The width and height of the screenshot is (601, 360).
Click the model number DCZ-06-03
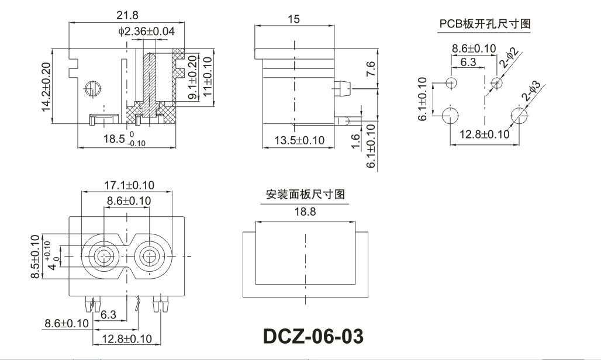point(313,336)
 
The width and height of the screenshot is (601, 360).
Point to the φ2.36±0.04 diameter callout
point(146,31)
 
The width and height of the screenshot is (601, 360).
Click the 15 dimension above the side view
point(293,19)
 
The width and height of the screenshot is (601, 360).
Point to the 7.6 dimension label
point(371,70)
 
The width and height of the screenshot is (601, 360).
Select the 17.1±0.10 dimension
point(129,185)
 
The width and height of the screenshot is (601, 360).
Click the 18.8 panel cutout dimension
point(305,213)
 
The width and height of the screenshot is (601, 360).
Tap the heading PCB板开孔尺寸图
point(485,24)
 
